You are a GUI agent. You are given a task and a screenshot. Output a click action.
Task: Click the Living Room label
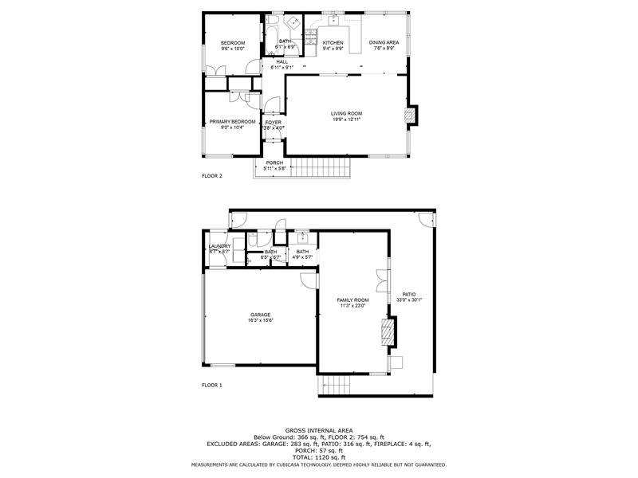pos(346,114)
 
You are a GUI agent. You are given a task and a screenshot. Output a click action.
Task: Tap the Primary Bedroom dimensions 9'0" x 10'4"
pos(232,127)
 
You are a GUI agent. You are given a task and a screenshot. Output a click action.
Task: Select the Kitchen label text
pos(333,43)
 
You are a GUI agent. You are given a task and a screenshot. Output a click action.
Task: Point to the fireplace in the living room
pos(410,116)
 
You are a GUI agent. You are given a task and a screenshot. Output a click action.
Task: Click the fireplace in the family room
pos(388,332)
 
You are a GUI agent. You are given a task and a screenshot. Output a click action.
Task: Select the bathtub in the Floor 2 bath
pos(272,35)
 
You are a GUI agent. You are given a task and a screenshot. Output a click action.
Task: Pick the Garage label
pos(261,315)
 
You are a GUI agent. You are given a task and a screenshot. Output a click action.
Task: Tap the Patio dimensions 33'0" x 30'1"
pos(409,300)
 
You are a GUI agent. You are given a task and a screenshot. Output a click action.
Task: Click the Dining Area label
pos(384,43)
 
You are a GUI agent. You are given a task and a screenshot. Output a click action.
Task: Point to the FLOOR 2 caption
pos(212,175)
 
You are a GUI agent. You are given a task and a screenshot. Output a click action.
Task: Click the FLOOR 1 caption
pos(212,386)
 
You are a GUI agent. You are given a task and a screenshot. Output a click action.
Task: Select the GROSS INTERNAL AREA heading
pos(318,430)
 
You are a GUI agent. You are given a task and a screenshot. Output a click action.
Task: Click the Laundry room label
pos(219,246)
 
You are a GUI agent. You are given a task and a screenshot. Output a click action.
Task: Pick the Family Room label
pos(353,300)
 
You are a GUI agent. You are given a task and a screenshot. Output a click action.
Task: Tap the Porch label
pos(274,163)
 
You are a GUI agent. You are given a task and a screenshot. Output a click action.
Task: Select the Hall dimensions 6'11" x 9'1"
pos(282,68)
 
